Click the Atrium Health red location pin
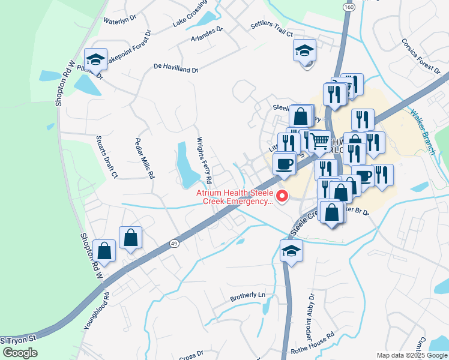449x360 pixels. [x=280, y=196]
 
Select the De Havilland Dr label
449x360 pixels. [x=176, y=68]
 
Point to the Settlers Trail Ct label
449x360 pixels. [x=271, y=30]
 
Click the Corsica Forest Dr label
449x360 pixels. [x=422, y=56]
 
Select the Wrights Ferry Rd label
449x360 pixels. [x=205, y=160]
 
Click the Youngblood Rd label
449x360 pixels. [x=107, y=311]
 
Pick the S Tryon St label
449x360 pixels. [x=19, y=340]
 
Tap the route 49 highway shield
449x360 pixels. [x=173, y=243]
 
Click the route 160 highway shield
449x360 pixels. [x=349, y=7]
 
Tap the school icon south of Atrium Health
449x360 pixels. [x=291, y=251]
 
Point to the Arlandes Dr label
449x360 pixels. [x=206, y=29]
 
